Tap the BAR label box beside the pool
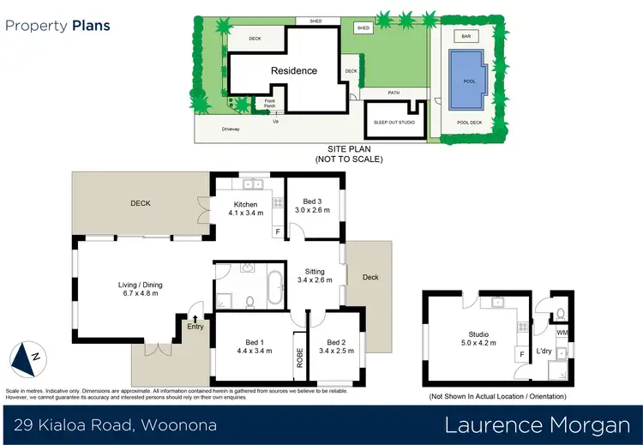point(467,37)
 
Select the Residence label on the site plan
point(294,71)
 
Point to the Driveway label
point(231,129)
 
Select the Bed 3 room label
point(313,205)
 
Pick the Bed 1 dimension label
point(254,350)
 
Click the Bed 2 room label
point(336,346)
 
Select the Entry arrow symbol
point(195,319)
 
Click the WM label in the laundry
point(562,333)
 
